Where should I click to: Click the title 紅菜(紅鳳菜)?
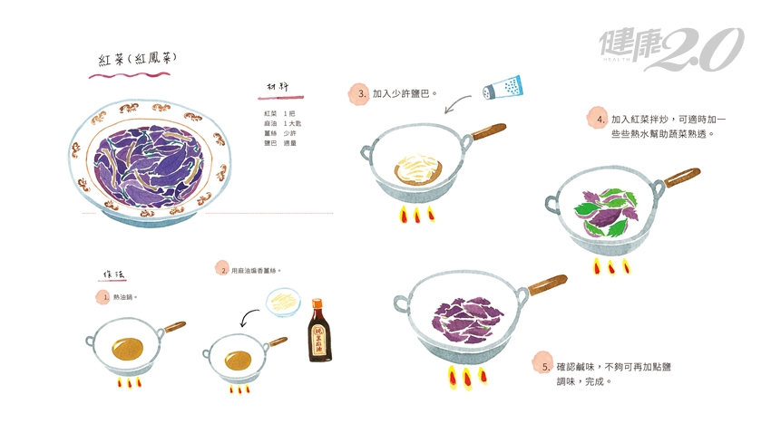pyautogui.click(x=138, y=60)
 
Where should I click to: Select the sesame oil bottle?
pyautogui.click(x=319, y=331)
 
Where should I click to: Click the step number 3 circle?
pyautogui.click(x=360, y=93)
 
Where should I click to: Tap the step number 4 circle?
pyautogui.click(x=599, y=119)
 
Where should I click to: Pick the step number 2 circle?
pyautogui.click(x=222, y=269)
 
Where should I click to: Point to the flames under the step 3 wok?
pyautogui.click(x=417, y=215)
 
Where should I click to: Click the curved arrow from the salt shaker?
pyautogui.click(x=460, y=103)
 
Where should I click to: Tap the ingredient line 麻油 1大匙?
pyautogui.click(x=283, y=122)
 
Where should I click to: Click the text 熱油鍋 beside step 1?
pyautogui.click(x=126, y=296)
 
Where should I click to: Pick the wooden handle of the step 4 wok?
pyautogui.click(x=681, y=176)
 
